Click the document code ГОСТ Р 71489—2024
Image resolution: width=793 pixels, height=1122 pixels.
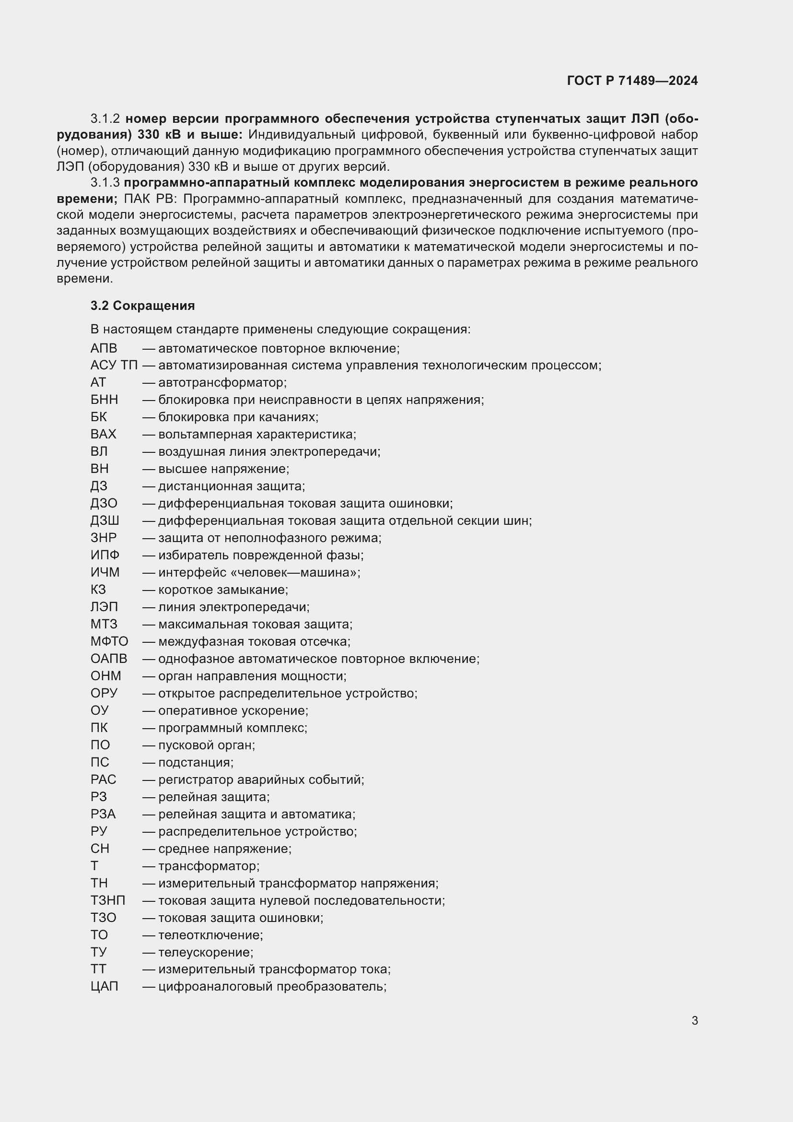point(632,81)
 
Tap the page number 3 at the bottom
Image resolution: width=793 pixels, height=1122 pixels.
point(694,1020)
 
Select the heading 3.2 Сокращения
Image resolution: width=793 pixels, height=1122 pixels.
point(142,306)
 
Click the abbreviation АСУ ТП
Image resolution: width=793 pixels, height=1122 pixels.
point(114,366)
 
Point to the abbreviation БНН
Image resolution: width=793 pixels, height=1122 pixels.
point(104,400)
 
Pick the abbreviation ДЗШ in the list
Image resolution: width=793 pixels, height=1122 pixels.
point(105,521)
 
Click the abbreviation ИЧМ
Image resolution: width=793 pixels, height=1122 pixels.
point(105,572)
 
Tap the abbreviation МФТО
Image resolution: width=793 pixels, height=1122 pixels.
point(109,642)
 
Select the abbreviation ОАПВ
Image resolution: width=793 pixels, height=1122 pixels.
point(108,659)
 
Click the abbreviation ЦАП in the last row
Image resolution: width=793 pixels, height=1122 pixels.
point(104,986)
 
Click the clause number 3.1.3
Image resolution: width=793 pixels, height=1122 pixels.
point(105,183)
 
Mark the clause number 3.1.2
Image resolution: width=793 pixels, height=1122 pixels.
point(105,119)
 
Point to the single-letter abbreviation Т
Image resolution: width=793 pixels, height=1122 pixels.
point(94,866)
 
